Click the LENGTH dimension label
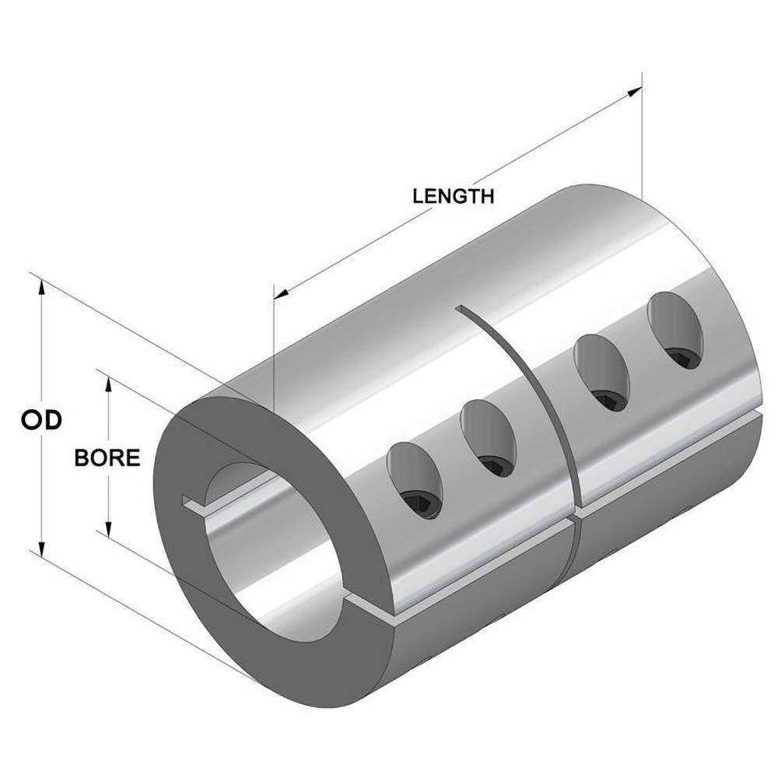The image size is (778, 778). [453, 196]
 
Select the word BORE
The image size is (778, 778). [107, 457]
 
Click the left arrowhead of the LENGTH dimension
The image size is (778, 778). [282, 294]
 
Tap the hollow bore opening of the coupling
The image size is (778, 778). [249, 545]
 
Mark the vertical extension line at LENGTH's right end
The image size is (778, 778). [642, 140]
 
